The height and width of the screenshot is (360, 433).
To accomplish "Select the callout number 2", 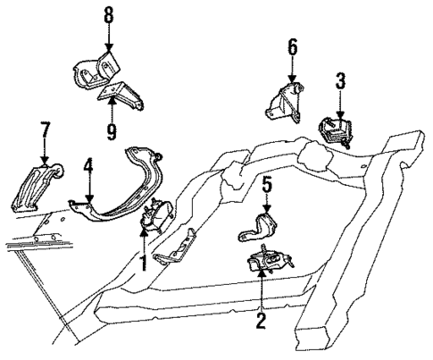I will click(x=261, y=317).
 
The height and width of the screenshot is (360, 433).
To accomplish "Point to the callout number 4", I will click(x=88, y=165).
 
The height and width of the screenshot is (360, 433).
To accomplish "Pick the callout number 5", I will click(x=267, y=185).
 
